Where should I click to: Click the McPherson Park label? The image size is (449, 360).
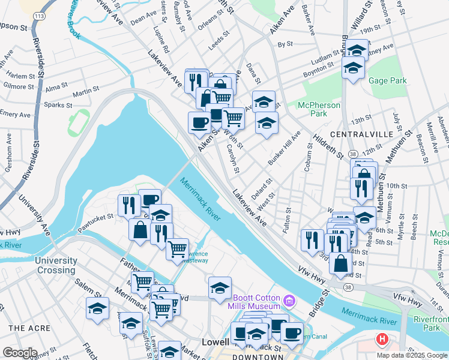[319, 110]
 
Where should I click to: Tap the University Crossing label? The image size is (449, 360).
[56, 265]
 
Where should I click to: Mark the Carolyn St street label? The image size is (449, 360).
[233, 159]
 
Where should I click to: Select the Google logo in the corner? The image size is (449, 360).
[20, 353]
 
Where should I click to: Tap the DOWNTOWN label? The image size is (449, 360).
[259, 357]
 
